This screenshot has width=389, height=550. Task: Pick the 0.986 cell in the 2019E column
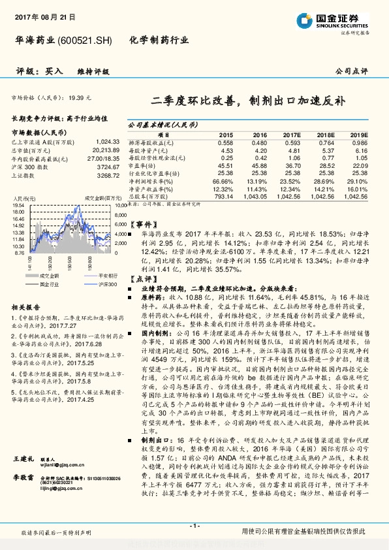(360, 142)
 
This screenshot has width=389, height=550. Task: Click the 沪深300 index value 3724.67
(108, 167)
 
